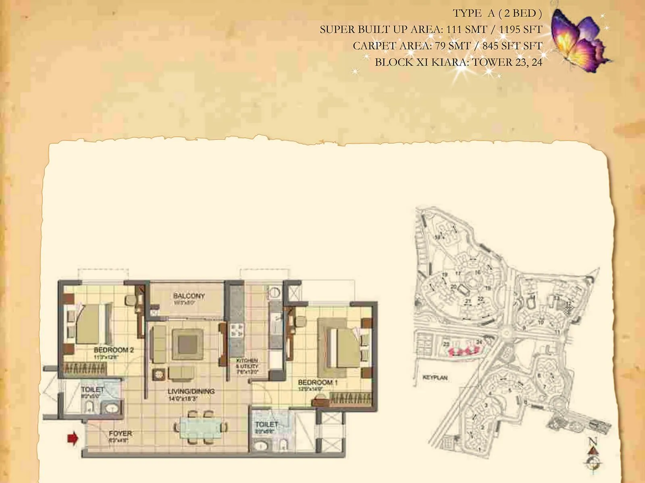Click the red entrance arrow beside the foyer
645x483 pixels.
coord(73,438)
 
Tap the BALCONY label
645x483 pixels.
coord(189,296)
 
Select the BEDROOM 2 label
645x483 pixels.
coord(114,350)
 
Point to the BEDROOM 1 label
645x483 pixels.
coord(318,382)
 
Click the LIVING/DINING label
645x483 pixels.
coord(191,391)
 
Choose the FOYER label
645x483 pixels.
coord(120,433)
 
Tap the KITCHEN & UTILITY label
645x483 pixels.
coord(247,363)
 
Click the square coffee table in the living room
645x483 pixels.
coord(187,344)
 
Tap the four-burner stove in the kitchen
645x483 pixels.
coord(237,331)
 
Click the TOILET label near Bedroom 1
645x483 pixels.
coord(266,425)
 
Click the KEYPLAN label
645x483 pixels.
coord(435,378)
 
